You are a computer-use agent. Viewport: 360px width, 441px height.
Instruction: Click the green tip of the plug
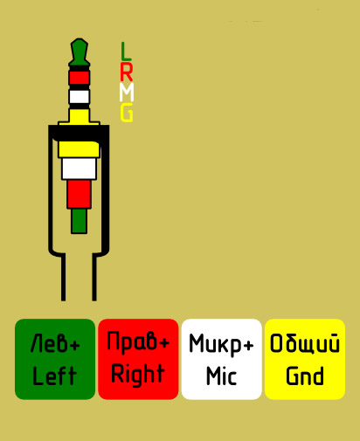click(x=79, y=52)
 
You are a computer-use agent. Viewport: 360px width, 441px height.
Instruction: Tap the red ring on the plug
click(x=80, y=78)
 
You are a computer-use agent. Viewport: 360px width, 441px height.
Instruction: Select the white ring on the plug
click(x=80, y=97)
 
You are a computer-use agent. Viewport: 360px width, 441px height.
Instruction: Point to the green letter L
click(x=126, y=50)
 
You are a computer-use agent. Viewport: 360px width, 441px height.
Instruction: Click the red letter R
click(x=127, y=72)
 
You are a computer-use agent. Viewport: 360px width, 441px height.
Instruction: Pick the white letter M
click(x=127, y=92)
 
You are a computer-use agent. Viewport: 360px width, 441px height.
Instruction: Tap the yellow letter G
click(x=127, y=112)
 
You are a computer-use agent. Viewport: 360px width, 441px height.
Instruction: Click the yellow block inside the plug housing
click(x=79, y=149)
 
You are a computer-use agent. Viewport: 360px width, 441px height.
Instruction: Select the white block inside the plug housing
click(x=79, y=169)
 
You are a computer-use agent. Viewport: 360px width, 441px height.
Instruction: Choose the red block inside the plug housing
click(x=79, y=194)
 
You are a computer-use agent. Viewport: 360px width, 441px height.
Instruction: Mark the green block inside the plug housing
click(x=79, y=221)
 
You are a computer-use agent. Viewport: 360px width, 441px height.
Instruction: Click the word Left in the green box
click(x=54, y=376)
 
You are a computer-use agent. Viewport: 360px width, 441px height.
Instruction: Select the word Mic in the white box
click(x=221, y=376)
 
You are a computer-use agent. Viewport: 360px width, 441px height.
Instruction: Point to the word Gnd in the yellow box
click(x=305, y=376)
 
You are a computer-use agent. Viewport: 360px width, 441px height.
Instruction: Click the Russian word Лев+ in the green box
click(x=55, y=343)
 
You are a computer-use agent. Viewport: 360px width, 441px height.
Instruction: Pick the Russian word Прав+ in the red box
click(x=138, y=342)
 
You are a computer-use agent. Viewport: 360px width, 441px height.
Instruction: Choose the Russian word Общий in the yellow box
click(x=305, y=343)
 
